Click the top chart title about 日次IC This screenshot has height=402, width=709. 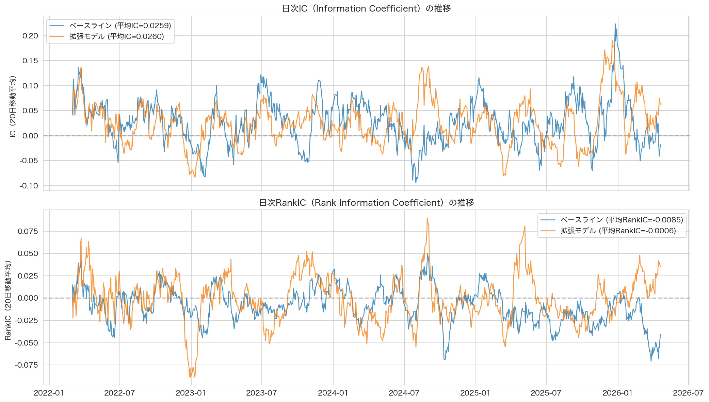(366, 9)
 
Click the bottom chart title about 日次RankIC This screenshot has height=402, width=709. (366, 203)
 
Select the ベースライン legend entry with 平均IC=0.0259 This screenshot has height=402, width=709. (120, 26)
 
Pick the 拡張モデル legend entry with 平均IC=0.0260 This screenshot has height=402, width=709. (116, 37)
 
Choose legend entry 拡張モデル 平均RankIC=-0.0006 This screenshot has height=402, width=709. (618, 231)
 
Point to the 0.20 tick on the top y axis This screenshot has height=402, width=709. (30, 36)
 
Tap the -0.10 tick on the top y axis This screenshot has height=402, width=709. (29, 186)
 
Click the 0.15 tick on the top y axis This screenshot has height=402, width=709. (30, 61)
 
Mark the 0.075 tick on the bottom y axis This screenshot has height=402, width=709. (28, 231)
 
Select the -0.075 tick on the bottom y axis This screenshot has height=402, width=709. (27, 365)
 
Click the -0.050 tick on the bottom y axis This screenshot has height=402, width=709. (27, 343)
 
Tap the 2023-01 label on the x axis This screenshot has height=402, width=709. (191, 393)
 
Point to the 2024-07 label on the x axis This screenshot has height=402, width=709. (404, 393)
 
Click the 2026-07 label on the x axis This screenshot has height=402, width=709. (688, 393)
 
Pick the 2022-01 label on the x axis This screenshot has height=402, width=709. (49, 393)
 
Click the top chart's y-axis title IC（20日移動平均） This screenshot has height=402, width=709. (13, 106)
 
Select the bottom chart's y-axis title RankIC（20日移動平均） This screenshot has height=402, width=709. (8, 300)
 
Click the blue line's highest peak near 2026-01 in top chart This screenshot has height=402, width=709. (615, 24)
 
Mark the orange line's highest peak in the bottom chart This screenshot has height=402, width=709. (427, 218)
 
